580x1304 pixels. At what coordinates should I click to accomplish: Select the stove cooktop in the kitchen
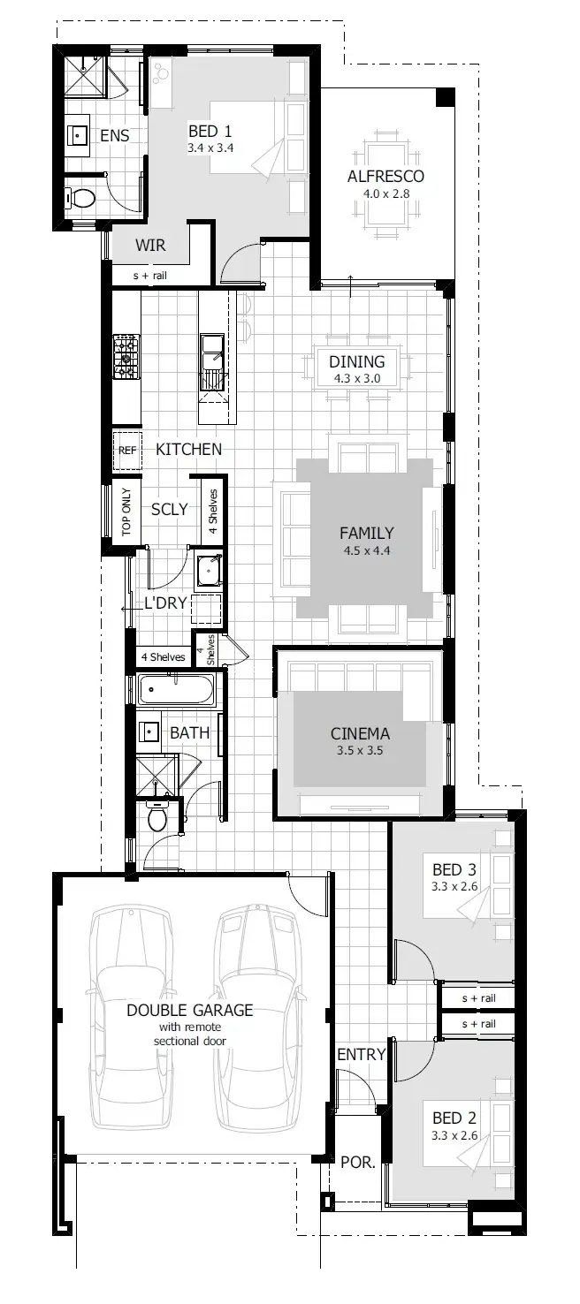[126, 358]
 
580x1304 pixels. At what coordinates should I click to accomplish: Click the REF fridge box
[126, 450]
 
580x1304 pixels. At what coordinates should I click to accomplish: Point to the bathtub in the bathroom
[176, 689]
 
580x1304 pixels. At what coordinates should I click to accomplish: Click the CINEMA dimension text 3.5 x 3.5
[360, 751]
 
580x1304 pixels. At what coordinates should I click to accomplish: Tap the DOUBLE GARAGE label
[189, 1010]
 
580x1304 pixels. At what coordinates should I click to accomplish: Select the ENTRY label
[361, 1054]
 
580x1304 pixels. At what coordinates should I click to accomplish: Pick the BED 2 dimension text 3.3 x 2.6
[454, 1135]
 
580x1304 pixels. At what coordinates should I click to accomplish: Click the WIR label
[150, 245]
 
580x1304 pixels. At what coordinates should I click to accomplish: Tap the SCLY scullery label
[169, 509]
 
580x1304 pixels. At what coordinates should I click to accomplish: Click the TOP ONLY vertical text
[126, 512]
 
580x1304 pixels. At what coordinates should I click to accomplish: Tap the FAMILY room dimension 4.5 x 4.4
[366, 550]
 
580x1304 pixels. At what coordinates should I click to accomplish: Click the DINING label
[356, 361]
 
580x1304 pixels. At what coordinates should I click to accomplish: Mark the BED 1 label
[210, 132]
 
